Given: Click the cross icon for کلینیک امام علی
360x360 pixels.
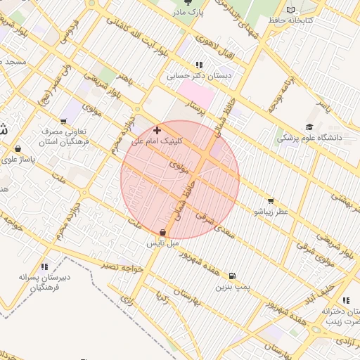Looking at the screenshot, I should [x=156, y=130].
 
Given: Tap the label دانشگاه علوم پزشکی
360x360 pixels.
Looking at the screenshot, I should [x=309, y=138].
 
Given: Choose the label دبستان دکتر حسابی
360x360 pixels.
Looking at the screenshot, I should [x=193, y=75].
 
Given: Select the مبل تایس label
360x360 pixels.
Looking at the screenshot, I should [x=162, y=243].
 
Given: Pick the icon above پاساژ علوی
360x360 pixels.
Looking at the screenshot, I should [x=18, y=149].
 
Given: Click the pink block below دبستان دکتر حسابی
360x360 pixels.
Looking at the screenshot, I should [x=195, y=94].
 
